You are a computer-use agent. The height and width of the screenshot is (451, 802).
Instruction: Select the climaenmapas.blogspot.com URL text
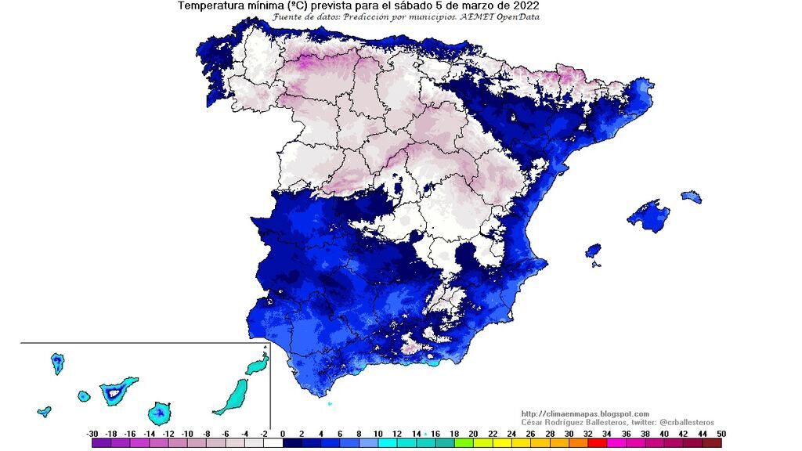tap(584, 413)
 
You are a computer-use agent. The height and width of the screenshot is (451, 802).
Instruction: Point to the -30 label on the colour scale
tap(92, 433)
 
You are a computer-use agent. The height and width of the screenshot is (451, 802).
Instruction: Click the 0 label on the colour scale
tap(283, 433)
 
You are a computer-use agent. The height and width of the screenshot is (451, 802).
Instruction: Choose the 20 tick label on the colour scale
tap(474, 433)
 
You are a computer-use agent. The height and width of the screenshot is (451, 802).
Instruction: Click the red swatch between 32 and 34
tap(597, 443)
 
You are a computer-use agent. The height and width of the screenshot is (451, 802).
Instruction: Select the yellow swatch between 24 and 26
tap(520, 443)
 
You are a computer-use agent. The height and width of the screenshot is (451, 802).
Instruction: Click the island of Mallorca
tap(648, 215)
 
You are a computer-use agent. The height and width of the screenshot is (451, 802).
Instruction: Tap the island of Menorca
tap(691, 196)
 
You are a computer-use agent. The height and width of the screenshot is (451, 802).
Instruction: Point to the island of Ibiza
tap(594, 251)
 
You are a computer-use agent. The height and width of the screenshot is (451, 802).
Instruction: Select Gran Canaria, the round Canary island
tap(160, 413)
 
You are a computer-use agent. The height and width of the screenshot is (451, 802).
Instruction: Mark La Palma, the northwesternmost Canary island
tap(57, 363)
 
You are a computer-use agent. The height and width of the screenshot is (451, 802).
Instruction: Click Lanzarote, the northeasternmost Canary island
tap(257, 365)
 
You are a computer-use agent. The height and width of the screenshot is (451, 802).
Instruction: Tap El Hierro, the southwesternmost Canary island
tap(44, 411)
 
